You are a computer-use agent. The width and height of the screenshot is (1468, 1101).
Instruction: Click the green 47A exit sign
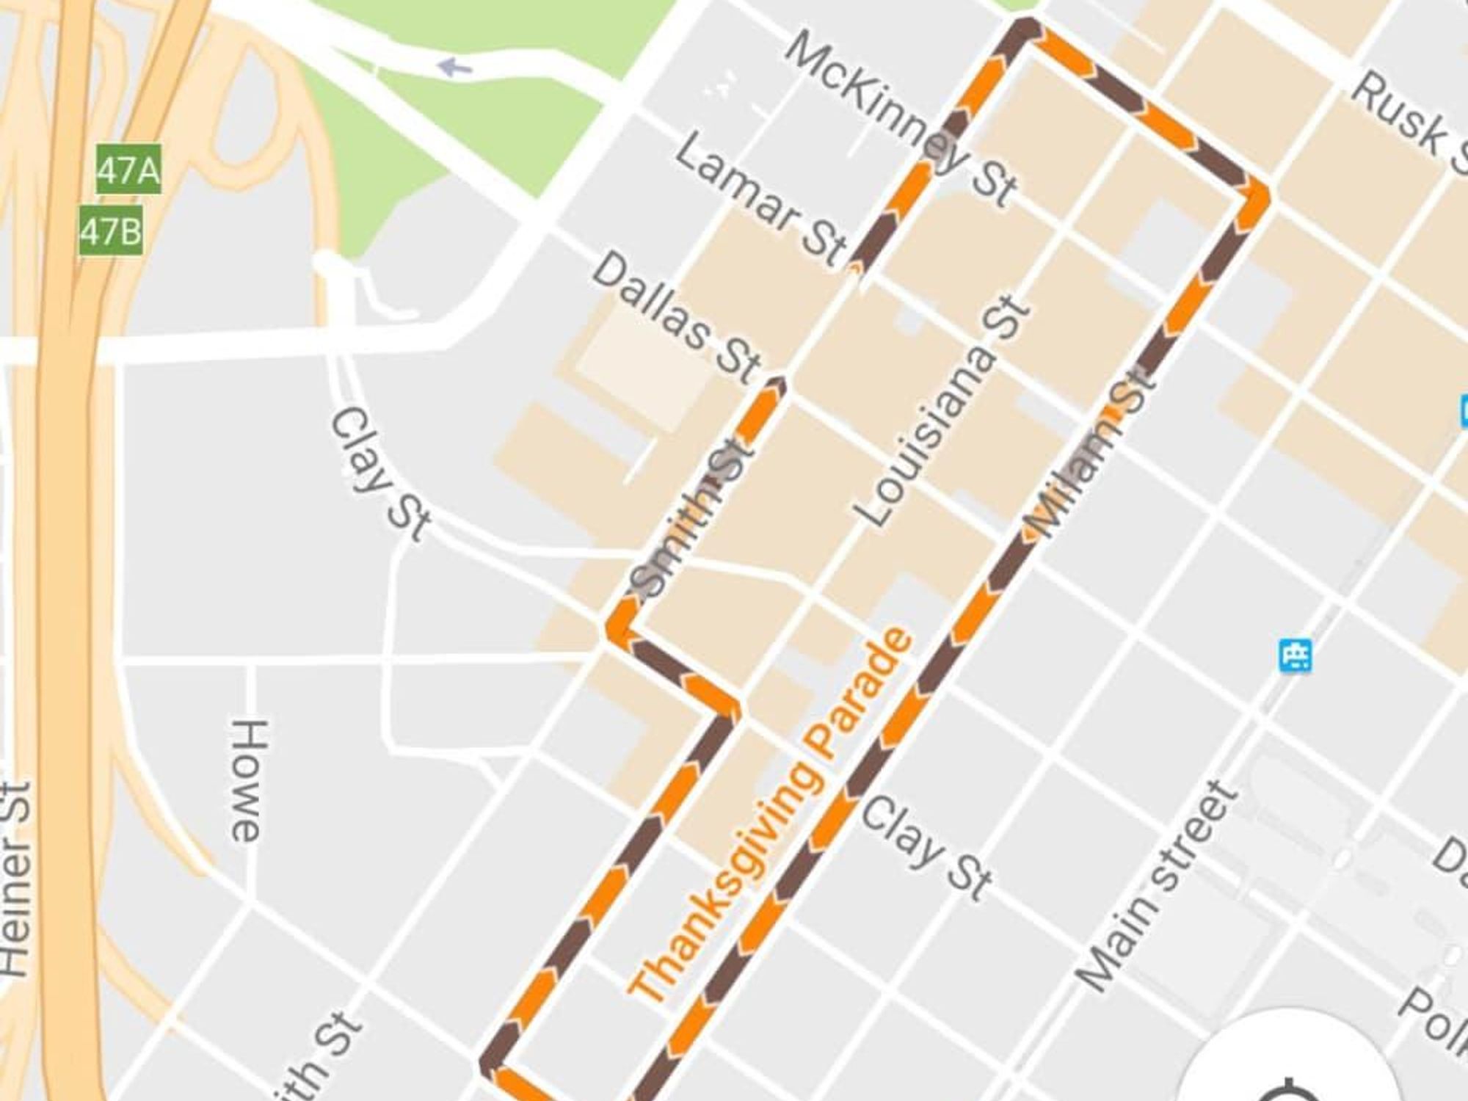tap(128, 170)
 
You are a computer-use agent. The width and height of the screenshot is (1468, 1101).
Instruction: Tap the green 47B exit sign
tap(111, 232)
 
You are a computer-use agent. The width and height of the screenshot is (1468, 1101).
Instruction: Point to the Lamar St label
tap(760, 202)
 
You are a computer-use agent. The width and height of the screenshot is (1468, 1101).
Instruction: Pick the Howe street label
tap(248, 780)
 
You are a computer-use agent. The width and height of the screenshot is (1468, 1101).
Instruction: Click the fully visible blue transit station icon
tap(1295, 655)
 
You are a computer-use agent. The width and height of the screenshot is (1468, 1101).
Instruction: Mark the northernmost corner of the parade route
tap(1026, 28)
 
